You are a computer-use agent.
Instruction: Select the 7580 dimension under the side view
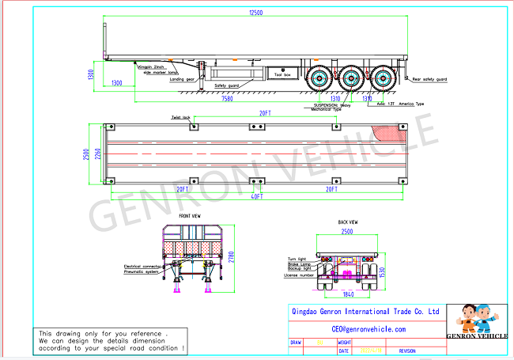(227, 99)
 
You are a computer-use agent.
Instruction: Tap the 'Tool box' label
(282, 73)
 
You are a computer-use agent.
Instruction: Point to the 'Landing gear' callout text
(183, 78)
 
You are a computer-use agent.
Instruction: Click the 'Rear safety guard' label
(429, 79)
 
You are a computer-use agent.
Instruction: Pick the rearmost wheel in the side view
(385, 78)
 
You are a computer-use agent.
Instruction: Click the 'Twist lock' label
(181, 117)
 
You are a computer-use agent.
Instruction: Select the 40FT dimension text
(256, 195)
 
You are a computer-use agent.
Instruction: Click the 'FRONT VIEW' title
(190, 216)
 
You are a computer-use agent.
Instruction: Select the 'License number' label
(301, 276)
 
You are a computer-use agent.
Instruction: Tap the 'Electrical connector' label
(142, 267)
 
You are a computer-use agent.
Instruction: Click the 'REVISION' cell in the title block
(407, 350)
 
